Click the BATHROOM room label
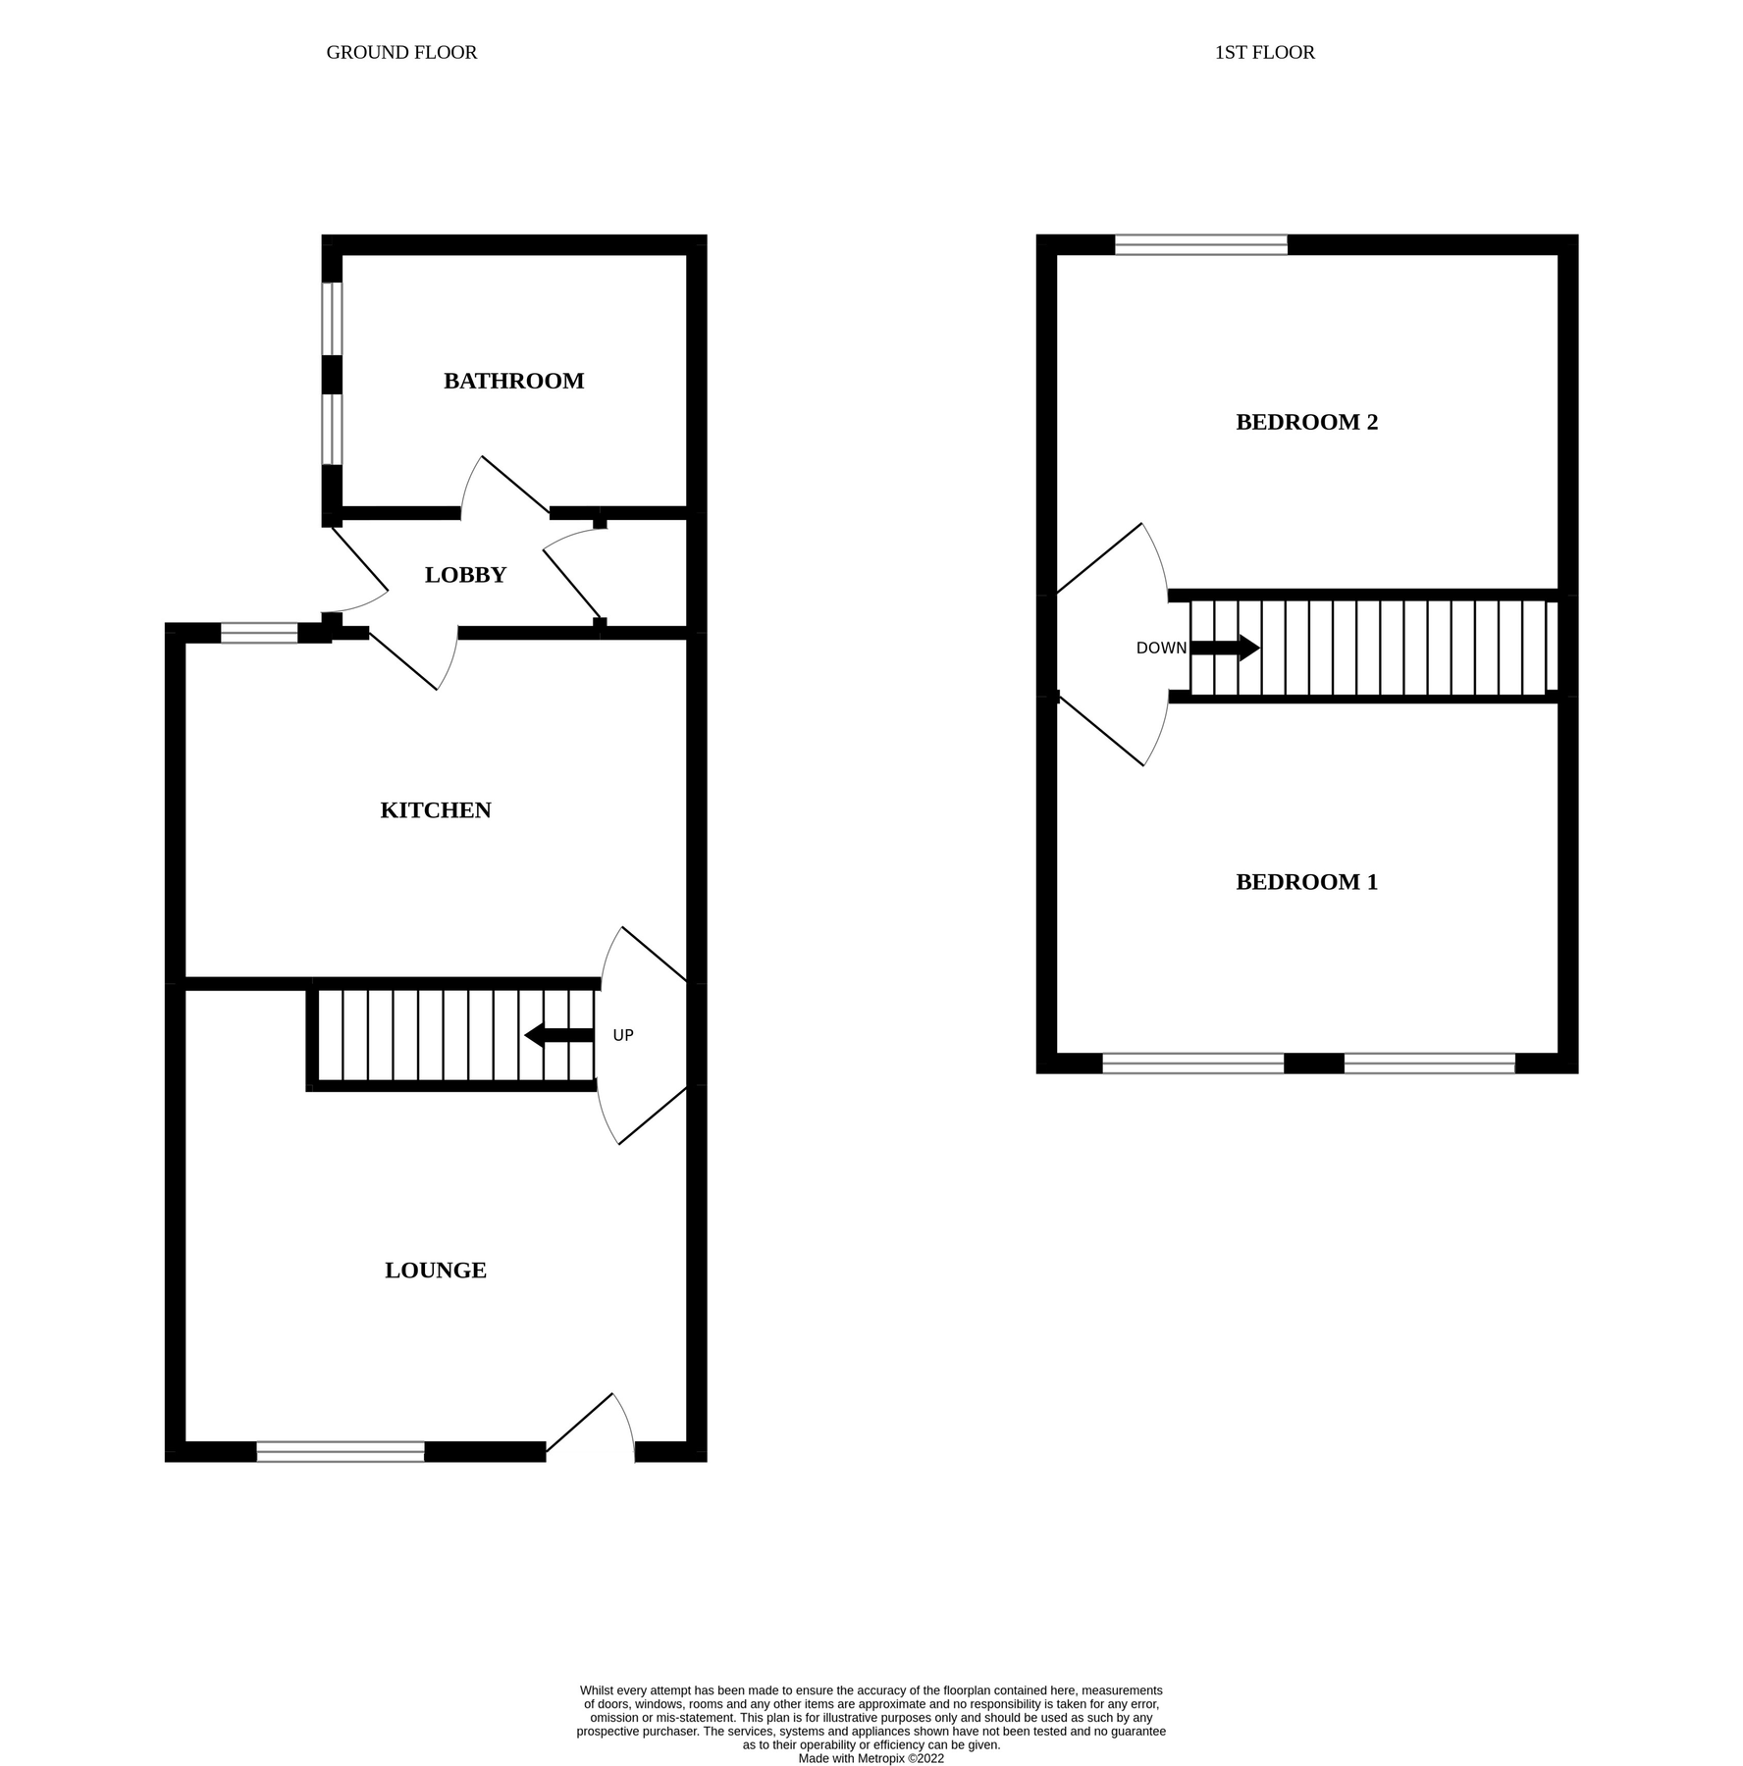[513, 381]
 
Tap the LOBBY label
[465, 575]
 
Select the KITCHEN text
[436, 810]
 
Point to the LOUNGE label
[436, 1271]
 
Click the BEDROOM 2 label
[1306, 422]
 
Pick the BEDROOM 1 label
[1306, 882]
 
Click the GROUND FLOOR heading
[401, 52]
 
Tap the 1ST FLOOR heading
[1264, 52]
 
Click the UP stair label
[623, 1035]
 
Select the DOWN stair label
[1161, 648]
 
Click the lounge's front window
[341, 1451]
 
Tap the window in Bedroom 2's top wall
[1200, 244]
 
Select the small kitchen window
[259, 633]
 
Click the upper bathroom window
[333, 319]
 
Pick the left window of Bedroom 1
[1192, 1063]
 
